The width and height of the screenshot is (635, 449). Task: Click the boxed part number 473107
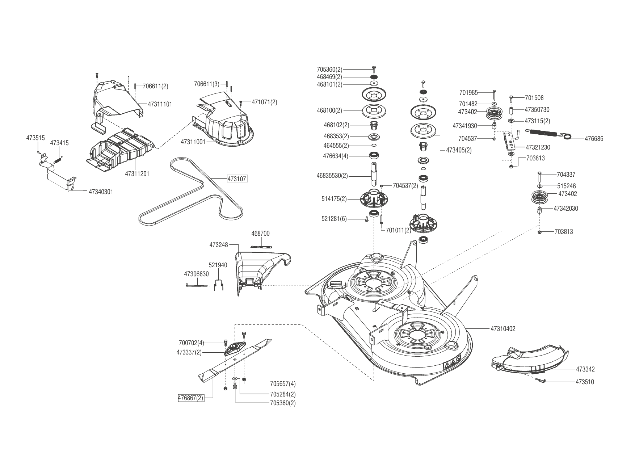click(237, 179)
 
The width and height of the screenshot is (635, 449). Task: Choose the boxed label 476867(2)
click(191, 398)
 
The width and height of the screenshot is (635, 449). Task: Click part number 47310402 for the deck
click(503, 329)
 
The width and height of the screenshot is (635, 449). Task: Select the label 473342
click(585, 369)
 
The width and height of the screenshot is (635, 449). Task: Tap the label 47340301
click(101, 192)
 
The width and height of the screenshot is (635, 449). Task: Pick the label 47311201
click(137, 174)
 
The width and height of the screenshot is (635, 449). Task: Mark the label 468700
click(260, 234)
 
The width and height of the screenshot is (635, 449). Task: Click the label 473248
click(218, 245)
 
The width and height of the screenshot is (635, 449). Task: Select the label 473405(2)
click(459, 150)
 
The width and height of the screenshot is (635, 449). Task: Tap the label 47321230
click(538, 147)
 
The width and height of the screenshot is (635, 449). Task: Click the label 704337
click(566, 174)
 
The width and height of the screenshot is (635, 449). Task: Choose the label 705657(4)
click(283, 384)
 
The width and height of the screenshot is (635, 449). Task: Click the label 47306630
click(196, 274)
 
